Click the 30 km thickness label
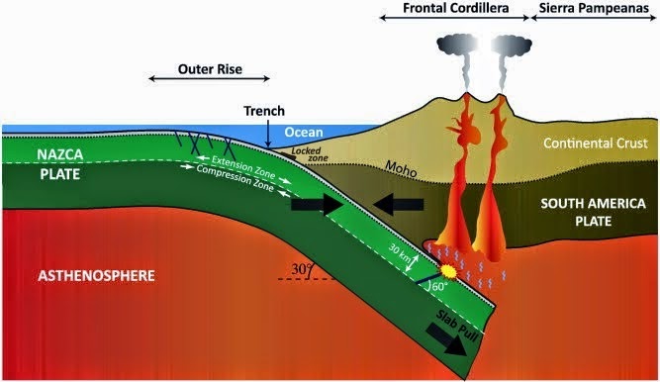coord(400,251)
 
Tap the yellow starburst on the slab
coord(447,268)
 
